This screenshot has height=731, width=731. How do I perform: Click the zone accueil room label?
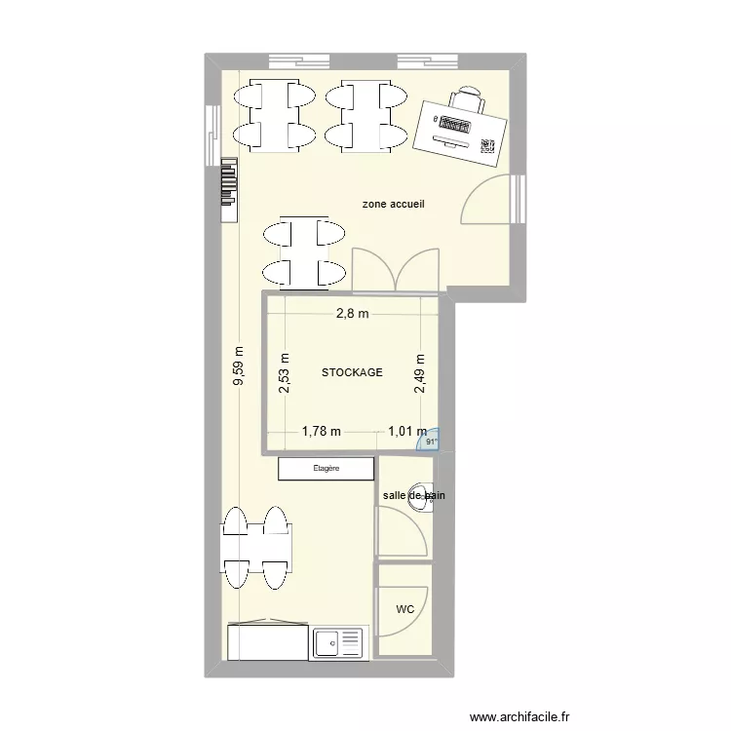(x=393, y=205)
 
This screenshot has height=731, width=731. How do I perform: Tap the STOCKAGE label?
(x=352, y=372)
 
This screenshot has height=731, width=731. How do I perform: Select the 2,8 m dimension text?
(x=353, y=314)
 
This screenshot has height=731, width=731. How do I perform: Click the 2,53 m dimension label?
(x=285, y=372)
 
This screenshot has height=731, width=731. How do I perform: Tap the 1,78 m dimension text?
(x=322, y=431)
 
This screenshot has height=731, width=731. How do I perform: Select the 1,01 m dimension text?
(x=406, y=431)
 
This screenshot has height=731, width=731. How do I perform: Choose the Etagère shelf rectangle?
(x=327, y=469)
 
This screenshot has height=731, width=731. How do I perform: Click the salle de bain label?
(x=413, y=496)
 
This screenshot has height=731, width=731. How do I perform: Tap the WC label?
(x=405, y=610)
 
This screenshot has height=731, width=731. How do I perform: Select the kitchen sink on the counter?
(x=337, y=642)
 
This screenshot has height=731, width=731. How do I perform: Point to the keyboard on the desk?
(x=454, y=125)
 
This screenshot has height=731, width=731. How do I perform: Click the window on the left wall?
(x=211, y=135)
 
